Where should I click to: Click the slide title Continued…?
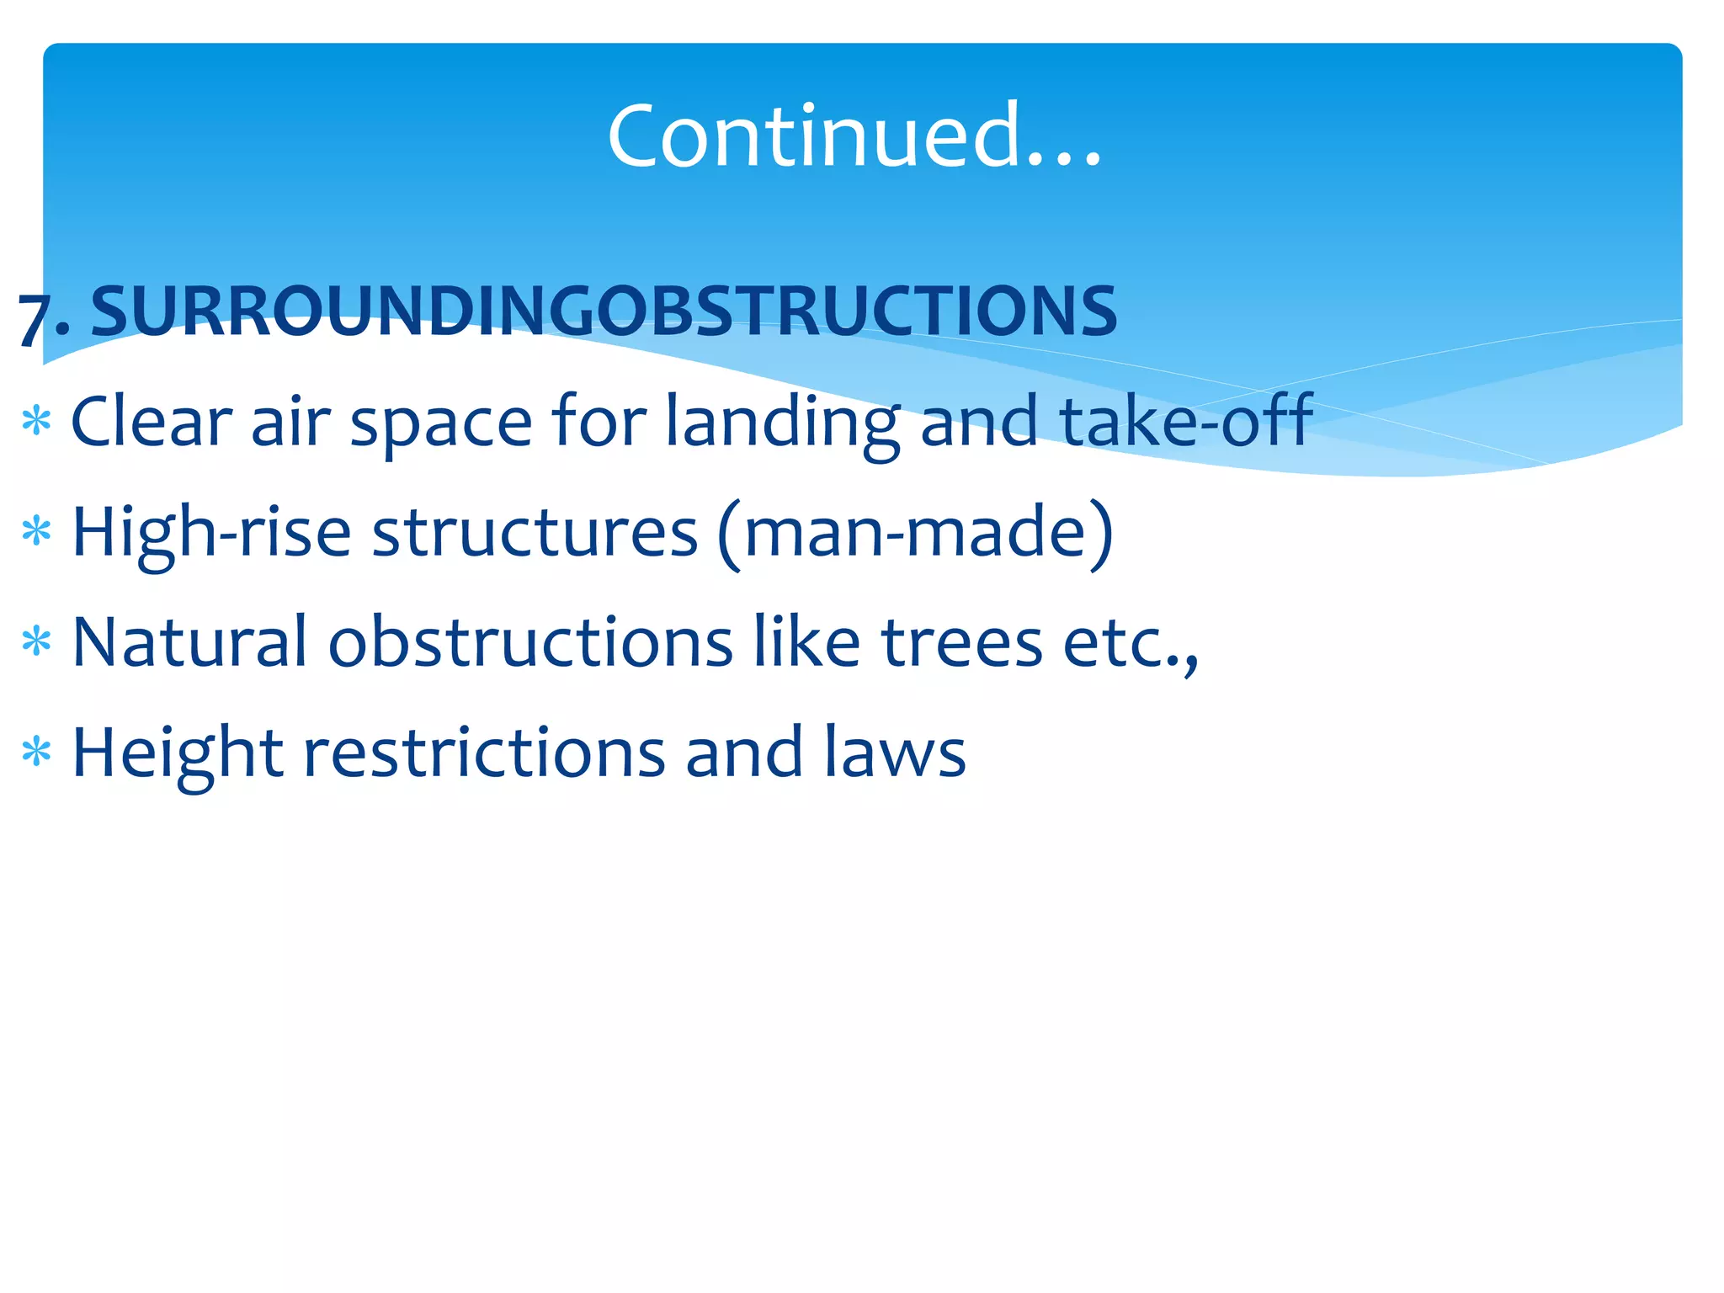tap(854, 135)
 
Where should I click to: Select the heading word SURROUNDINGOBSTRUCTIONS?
tap(604, 311)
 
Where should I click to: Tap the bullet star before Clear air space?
tap(37, 420)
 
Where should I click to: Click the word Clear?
tap(151, 420)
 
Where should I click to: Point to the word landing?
tap(783, 423)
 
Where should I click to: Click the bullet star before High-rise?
tap(37, 532)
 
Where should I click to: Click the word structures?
tap(535, 532)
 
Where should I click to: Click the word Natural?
tap(189, 642)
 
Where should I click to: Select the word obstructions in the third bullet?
tap(530, 642)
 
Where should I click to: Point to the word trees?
tap(962, 642)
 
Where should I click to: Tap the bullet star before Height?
tap(37, 752)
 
